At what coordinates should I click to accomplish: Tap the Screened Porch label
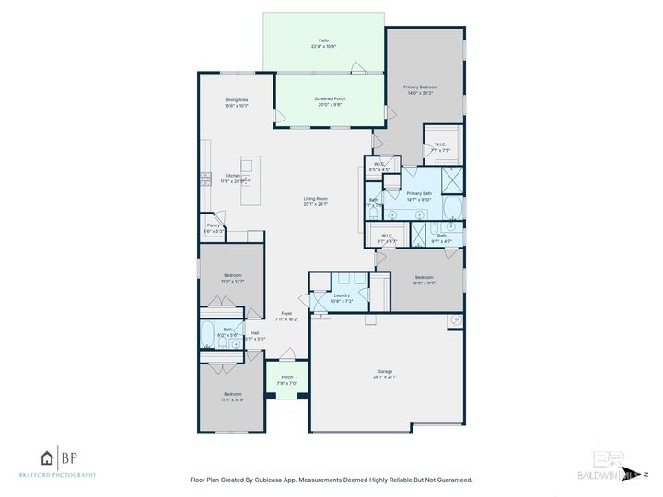(330, 100)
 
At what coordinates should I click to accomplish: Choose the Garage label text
(386, 373)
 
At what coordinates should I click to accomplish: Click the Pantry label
(213, 227)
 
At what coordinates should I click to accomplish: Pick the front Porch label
(286, 379)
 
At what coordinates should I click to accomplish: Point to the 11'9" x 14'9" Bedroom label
(233, 397)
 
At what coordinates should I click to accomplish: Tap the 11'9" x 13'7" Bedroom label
(233, 278)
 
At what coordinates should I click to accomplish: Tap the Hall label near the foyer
(254, 334)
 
